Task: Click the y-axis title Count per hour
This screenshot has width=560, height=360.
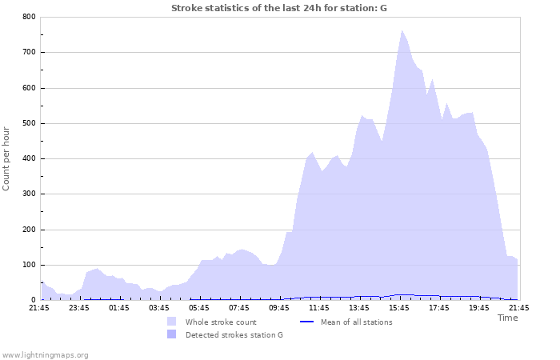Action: (7, 158)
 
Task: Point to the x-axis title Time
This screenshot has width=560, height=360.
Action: (507, 318)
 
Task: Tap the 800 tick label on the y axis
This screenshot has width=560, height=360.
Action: (28, 17)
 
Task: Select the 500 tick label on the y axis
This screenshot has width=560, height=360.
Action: (28, 123)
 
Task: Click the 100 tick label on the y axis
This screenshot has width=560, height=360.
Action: (28, 265)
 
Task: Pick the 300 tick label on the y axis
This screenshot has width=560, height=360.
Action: (28, 194)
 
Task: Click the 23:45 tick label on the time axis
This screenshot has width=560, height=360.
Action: (79, 308)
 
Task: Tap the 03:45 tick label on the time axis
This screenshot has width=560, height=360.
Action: (159, 308)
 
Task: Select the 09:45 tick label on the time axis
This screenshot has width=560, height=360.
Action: (279, 308)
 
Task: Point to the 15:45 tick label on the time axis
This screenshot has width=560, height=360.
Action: (399, 308)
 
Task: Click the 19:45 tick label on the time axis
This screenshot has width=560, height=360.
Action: (479, 308)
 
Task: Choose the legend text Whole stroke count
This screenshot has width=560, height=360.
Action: (221, 322)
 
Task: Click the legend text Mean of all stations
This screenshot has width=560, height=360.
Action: (356, 322)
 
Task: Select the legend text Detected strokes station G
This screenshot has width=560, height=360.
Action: (234, 335)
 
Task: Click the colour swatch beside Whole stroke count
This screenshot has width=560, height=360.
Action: (171, 322)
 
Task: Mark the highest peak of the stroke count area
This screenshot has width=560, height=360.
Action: (402, 31)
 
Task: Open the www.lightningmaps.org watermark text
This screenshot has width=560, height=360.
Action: (45, 354)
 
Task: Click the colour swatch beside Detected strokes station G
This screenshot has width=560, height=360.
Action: (171, 334)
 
